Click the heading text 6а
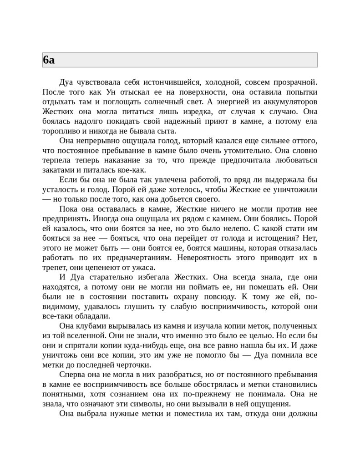click(x=49, y=60)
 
